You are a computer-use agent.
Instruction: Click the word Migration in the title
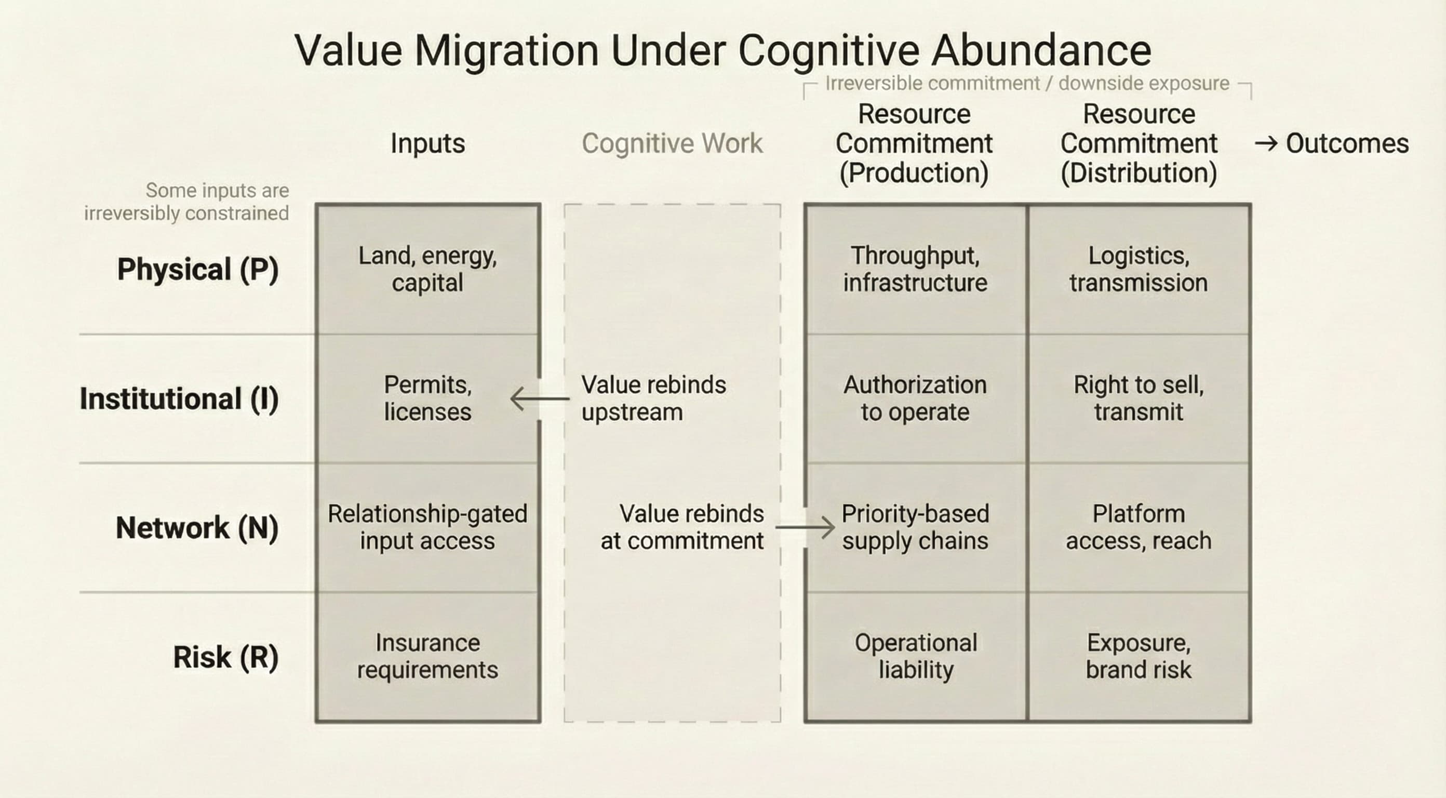[x=506, y=50]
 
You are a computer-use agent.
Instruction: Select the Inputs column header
[x=428, y=143]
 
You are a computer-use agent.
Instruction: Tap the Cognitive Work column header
[x=672, y=143]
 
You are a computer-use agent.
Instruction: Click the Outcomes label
[x=1347, y=144]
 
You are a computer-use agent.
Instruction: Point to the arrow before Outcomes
[x=1266, y=144]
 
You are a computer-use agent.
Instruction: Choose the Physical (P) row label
[x=197, y=269]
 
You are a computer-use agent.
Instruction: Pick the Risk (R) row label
[x=225, y=657]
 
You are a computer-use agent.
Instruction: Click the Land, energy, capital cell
[x=428, y=269]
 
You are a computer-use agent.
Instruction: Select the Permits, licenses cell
[x=428, y=398]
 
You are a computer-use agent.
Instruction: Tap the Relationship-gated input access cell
[x=428, y=527]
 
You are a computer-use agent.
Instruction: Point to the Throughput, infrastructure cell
[x=915, y=269]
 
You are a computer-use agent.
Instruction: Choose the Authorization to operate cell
[x=915, y=398]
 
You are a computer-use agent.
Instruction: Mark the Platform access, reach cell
[x=1139, y=527]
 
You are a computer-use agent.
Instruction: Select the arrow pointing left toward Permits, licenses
[x=540, y=398]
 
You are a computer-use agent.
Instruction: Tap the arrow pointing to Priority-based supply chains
[x=805, y=527]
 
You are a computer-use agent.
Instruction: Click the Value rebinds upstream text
[x=653, y=398]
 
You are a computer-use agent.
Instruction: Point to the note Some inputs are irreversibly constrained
[x=187, y=202]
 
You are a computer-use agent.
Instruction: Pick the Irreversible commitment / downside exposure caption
[x=1027, y=84]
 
